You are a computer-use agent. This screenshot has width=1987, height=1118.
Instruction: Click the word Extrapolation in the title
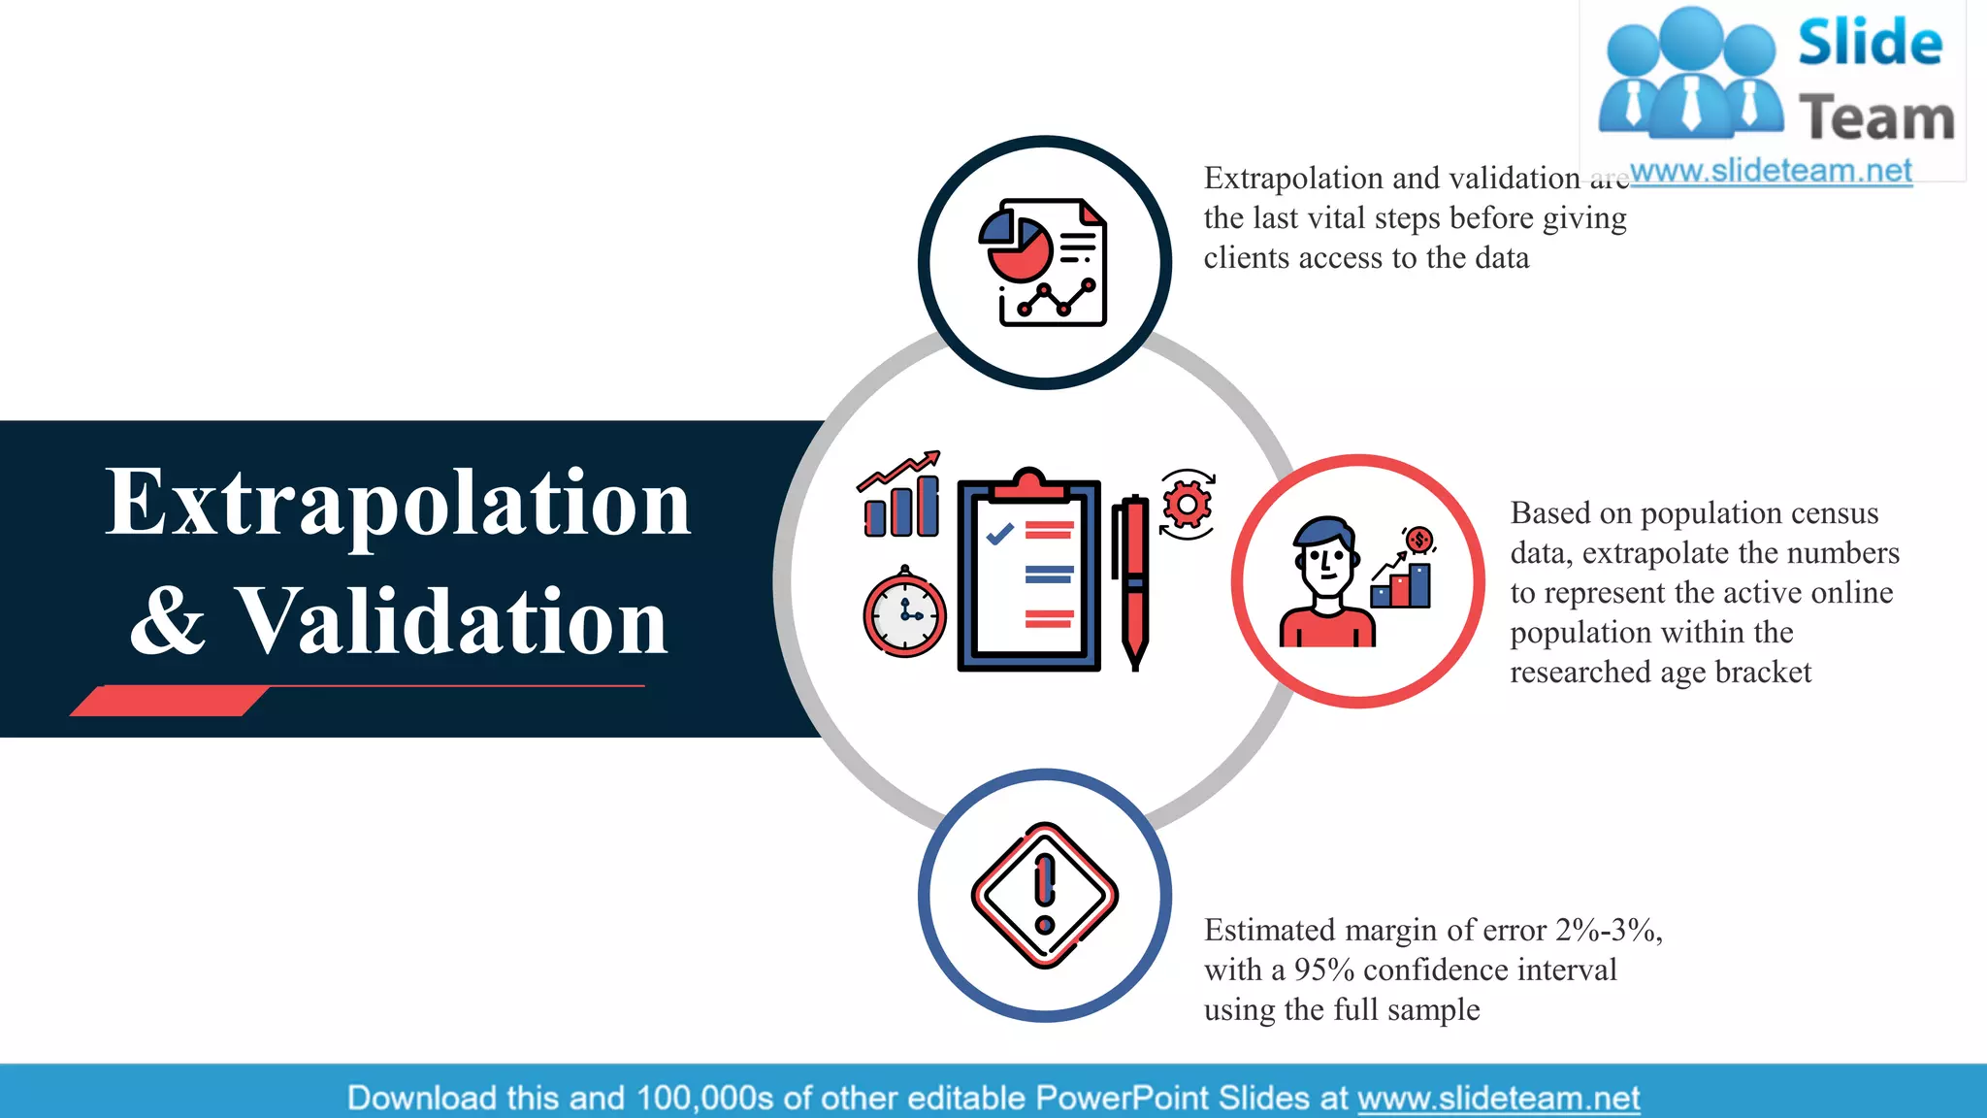point(398,505)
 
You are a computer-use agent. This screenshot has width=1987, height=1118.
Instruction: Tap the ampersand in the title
point(168,621)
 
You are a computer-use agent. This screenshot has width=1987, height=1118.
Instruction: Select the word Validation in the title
point(452,621)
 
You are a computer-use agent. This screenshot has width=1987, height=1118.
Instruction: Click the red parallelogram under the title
point(170,701)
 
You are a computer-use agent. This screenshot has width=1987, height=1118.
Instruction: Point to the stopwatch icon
point(904,613)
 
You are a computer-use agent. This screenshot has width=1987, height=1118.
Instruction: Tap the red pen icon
point(1131,582)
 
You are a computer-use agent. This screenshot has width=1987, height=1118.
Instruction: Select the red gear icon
point(1187,505)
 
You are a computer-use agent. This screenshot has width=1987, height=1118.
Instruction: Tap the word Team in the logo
point(1876,118)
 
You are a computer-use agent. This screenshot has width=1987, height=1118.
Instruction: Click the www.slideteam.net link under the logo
point(1771,171)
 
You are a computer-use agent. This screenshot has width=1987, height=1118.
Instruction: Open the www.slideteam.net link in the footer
point(1498,1099)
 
